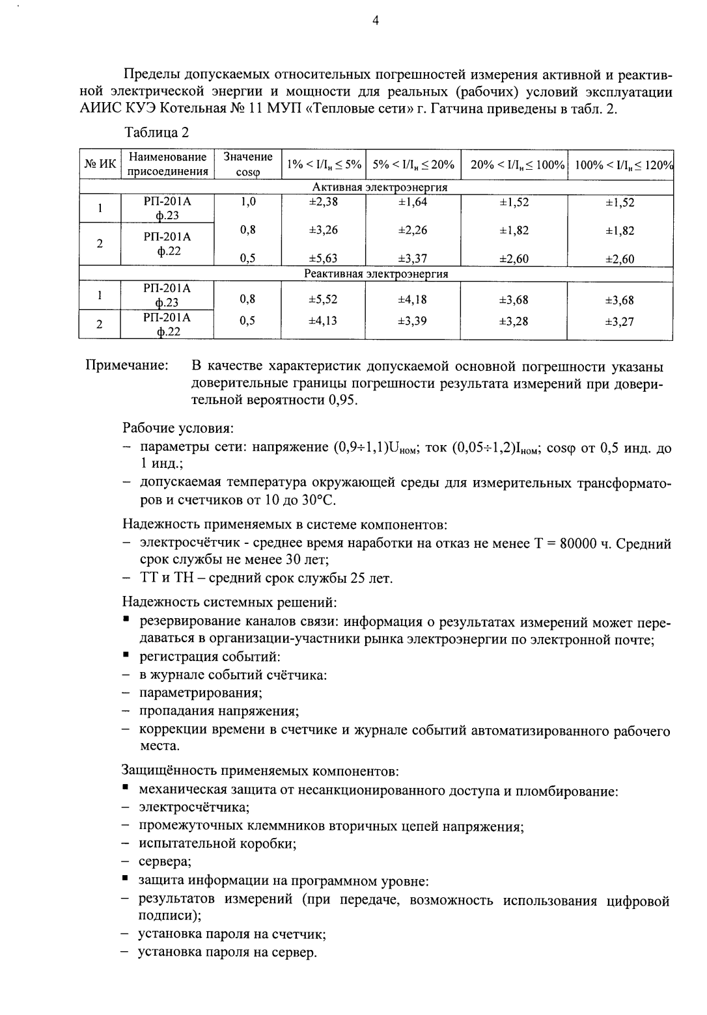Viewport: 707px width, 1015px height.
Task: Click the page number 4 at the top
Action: coord(375,21)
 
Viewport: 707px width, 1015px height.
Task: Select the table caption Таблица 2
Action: coord(156,133)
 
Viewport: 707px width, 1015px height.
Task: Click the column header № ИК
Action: coord(100,165)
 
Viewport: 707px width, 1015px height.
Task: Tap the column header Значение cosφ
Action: coord(248,165)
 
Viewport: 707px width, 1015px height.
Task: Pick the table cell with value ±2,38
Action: coord(323,202)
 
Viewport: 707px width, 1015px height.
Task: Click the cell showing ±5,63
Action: coord(323,259)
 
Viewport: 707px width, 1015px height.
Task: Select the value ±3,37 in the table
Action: coord(412,259)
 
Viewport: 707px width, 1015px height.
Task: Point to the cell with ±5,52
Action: coord(323,299)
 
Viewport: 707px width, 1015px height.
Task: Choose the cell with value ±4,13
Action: coord(323,321)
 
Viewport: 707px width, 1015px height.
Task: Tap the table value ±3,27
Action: coord(619,321)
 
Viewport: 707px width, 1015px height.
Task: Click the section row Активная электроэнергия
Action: coord(376,187)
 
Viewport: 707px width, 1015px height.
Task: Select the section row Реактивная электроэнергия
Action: coord(376,274)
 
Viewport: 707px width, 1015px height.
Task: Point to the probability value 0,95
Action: coord(340,400)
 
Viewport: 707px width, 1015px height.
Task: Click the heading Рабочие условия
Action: coord(178,429)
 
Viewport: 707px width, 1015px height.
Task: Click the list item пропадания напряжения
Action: coord(218,710)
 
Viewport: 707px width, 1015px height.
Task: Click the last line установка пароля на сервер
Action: coord(227,953)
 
